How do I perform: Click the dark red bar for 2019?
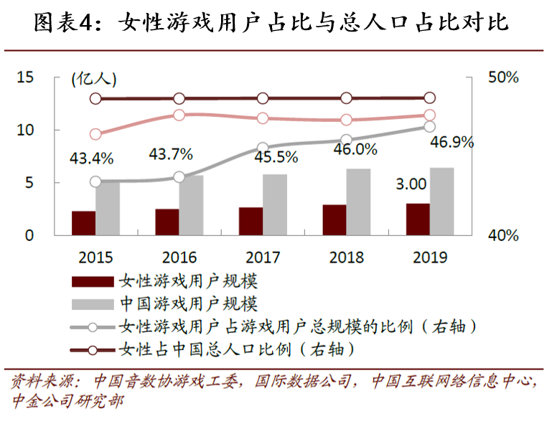pos(418,220)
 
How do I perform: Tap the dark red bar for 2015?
pos(83,223)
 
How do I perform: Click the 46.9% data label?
pos(451,142)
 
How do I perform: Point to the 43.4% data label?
pos(91,157)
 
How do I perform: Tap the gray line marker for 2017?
pos(263,147)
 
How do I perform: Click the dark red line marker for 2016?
pos(179,98)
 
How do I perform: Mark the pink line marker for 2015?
pos(95,134)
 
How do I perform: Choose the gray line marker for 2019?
pos(429,127)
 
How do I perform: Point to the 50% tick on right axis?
pos(502,77)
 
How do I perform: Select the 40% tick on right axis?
pos(502,235)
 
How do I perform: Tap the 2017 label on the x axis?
pos(263,257)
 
